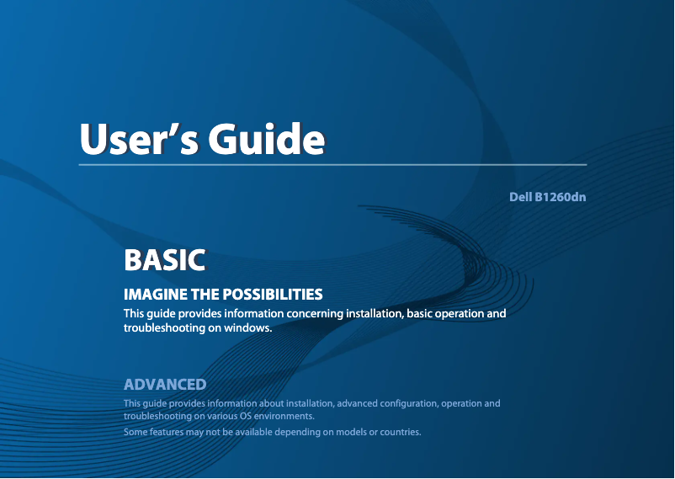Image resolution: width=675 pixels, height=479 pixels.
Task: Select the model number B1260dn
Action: [561, 197]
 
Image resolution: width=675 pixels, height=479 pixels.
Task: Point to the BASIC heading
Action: [164, 260]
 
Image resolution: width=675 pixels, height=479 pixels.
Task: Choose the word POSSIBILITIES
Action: [273, 295]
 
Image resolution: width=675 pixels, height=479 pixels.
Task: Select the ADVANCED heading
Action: [165, 385]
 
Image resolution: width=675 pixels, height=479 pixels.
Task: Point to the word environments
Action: [284, 416]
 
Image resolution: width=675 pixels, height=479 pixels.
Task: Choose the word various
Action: [218, 416]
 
